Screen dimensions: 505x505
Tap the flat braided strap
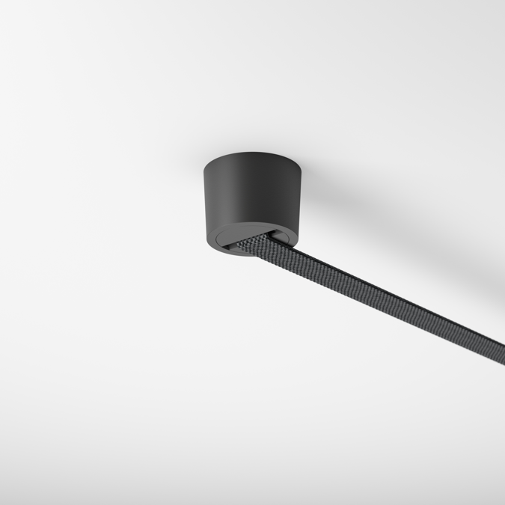point(374,299)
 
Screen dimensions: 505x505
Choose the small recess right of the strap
point(284,237)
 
